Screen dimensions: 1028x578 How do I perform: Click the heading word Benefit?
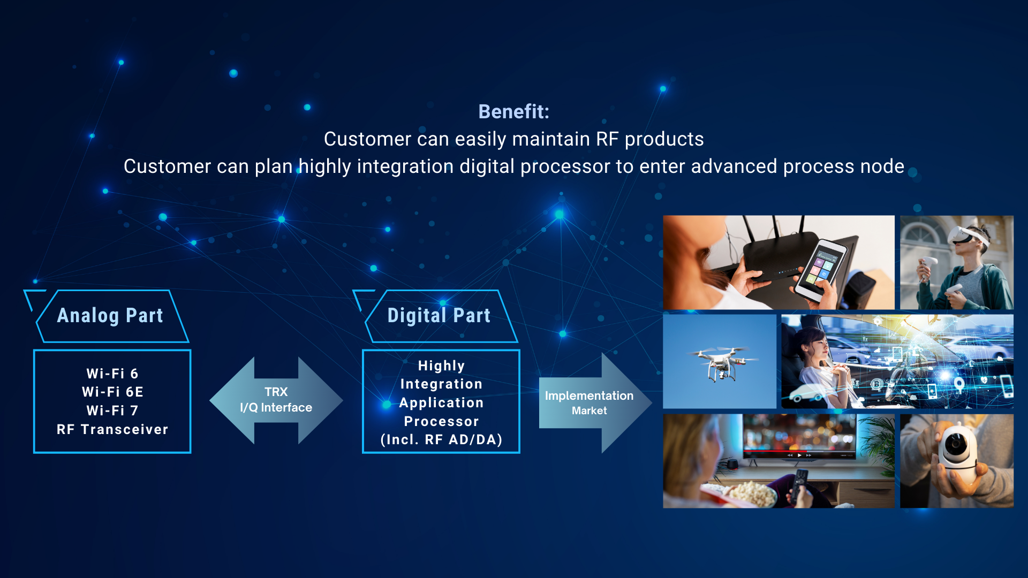(x=513, y=111)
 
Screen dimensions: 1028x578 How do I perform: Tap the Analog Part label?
(x=110, y=315)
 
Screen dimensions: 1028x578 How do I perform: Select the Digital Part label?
(x=439, y=315)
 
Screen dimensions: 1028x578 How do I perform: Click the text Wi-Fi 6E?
(x=112, y=392)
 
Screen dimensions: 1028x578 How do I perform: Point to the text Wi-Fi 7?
(x=112, y=410)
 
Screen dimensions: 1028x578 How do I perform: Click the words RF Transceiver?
(x=112, y=429)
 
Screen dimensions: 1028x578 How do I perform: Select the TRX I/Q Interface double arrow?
(x=276, y=400)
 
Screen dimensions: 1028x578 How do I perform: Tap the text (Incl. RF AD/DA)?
(x=441, y=439)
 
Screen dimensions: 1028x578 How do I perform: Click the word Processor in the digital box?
(x=441, y=421)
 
